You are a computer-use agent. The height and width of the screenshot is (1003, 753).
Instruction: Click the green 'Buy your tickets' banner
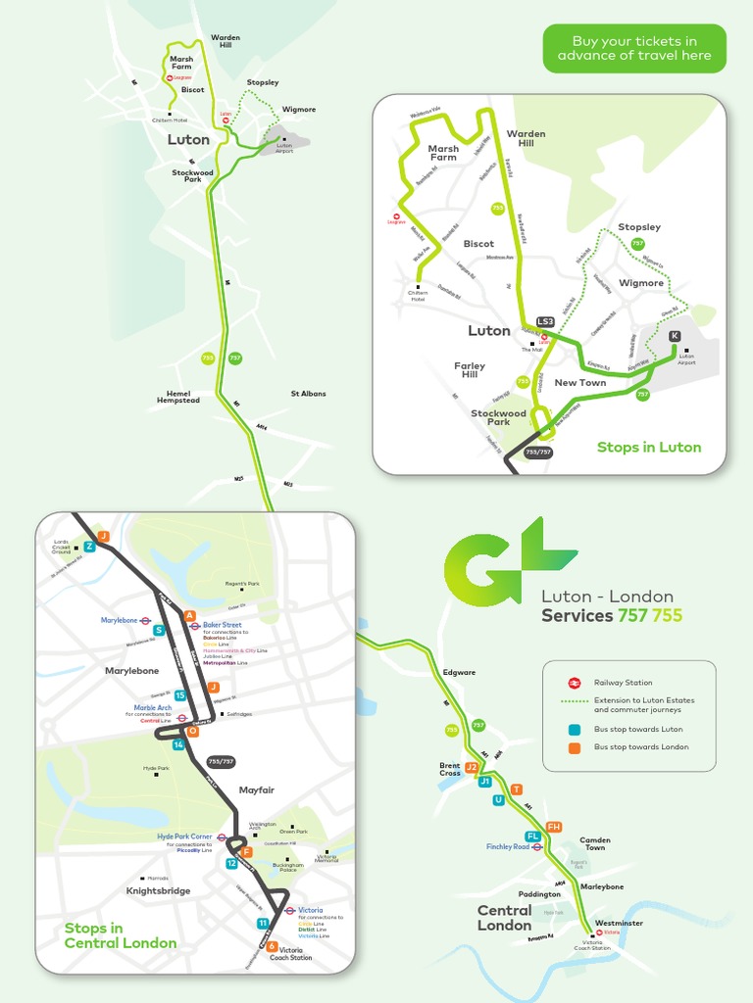634,48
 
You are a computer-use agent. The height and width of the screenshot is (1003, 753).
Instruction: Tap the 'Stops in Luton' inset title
649,447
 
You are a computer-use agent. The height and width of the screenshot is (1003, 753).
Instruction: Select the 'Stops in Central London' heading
120,935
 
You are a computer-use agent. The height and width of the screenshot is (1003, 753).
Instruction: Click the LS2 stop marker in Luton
545,321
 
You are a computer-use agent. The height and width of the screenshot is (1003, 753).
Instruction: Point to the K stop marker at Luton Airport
675,336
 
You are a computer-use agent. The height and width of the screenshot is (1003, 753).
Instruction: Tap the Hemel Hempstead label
177,397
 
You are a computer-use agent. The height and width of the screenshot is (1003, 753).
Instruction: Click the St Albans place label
308,394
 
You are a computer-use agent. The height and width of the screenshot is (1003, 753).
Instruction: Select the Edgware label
459,672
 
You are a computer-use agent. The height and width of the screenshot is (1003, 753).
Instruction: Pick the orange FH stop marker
554,827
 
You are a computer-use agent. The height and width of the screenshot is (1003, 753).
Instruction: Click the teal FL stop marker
532,836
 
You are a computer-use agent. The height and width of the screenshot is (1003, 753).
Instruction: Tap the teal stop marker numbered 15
180,695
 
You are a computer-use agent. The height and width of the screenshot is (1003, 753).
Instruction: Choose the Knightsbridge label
158,890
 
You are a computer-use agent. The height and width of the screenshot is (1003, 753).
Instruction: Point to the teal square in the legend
575,730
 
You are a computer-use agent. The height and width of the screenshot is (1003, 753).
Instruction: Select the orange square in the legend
575,747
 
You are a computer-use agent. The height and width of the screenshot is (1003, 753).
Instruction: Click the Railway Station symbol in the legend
575,683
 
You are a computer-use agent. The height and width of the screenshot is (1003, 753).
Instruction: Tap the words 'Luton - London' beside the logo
607,597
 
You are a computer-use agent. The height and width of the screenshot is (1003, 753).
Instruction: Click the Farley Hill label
470,370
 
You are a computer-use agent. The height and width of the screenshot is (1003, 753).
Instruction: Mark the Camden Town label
595,843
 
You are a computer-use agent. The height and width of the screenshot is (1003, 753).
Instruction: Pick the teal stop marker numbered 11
263,923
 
